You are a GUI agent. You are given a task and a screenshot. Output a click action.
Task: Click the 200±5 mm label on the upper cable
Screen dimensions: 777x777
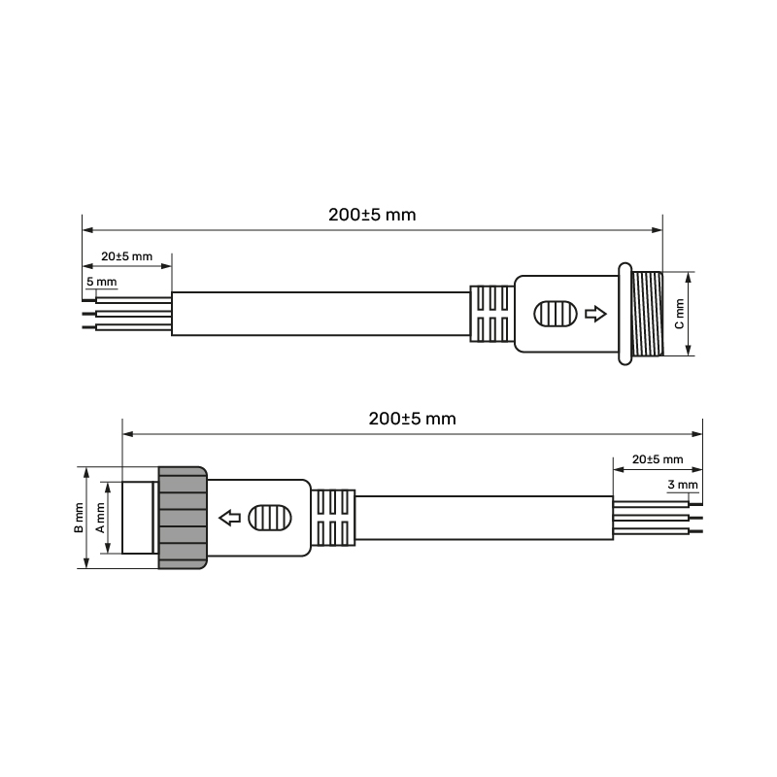coord(372,215)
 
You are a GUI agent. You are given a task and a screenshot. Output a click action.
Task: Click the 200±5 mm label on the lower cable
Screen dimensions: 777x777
coord(412,419)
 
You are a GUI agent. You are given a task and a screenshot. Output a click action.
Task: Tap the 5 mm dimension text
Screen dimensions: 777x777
coord(102,282)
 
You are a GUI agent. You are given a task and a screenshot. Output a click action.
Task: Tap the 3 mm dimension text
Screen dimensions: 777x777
coord(683,484)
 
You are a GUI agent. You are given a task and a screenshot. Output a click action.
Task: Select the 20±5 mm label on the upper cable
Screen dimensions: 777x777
coord(127,256)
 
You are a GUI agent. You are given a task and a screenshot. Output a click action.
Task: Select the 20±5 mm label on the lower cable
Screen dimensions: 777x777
coord(658,459)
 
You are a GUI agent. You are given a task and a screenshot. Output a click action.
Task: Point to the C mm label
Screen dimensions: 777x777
coord(679,314)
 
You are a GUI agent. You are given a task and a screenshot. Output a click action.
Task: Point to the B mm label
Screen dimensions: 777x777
coord(79,518)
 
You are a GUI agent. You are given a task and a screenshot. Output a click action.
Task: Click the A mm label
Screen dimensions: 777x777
coord(100,518)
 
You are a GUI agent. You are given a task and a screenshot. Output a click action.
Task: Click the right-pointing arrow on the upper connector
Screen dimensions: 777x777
coord(595,314)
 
